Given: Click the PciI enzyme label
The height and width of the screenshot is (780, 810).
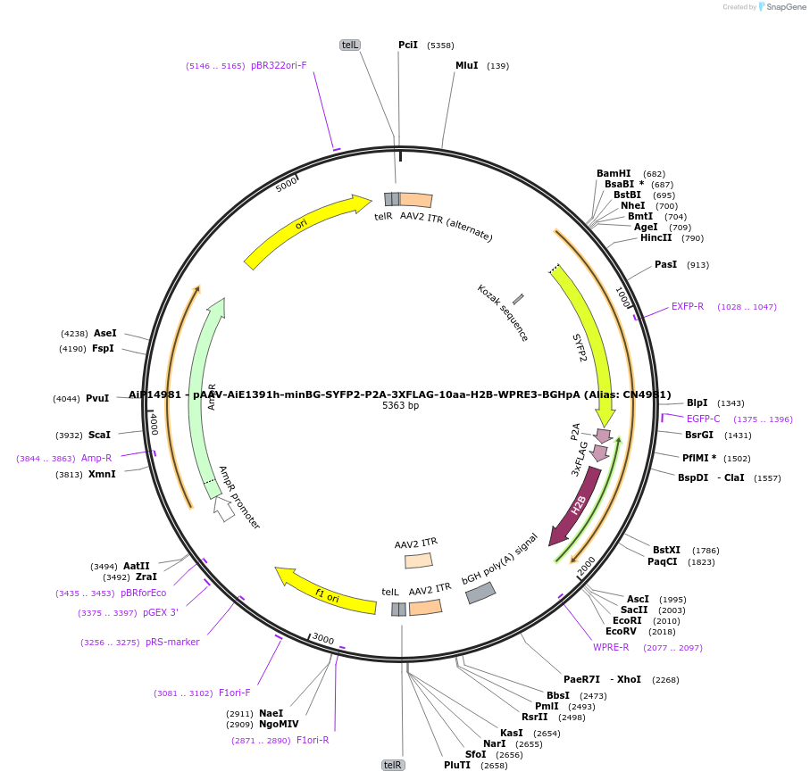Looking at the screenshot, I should [x=407, y=45].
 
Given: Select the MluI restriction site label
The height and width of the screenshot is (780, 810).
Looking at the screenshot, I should [x=467, y=65].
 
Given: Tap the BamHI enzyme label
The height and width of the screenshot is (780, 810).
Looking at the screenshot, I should [x=614, y=173].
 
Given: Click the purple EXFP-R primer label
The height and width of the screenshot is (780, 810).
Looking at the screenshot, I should [x=688, y=306].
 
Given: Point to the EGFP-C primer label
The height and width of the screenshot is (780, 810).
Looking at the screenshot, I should [x=703, y=419].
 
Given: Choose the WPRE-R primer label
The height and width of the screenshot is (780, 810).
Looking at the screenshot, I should [x=611, y=647].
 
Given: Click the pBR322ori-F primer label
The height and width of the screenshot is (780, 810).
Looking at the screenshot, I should [x=279, y=65].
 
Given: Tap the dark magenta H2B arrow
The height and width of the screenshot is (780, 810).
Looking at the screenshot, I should [x=577, y=506].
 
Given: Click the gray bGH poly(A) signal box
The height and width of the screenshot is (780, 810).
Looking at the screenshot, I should [x=480, y=593].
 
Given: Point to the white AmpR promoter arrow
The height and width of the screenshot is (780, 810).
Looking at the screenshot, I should [x=223, y=509].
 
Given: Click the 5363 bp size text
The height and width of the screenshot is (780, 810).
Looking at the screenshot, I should [x=400, y=406].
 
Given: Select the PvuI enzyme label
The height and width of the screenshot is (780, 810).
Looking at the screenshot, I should [x=97, y=399].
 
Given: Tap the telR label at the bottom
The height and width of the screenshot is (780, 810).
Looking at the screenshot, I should [x=393, y=765].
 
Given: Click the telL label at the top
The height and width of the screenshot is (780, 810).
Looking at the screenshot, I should [x=350, y=45].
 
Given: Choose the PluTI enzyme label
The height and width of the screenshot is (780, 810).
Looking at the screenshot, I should [x=457, y=765].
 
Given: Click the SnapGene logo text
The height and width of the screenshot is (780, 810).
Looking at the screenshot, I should [x=783, y=7].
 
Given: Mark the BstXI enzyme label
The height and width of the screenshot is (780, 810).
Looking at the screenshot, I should [x=666, y=550].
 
